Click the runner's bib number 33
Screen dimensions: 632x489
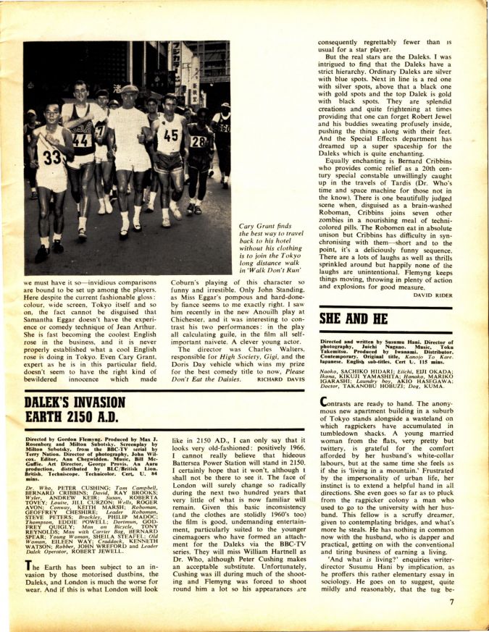49,157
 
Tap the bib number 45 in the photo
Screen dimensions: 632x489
170,135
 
